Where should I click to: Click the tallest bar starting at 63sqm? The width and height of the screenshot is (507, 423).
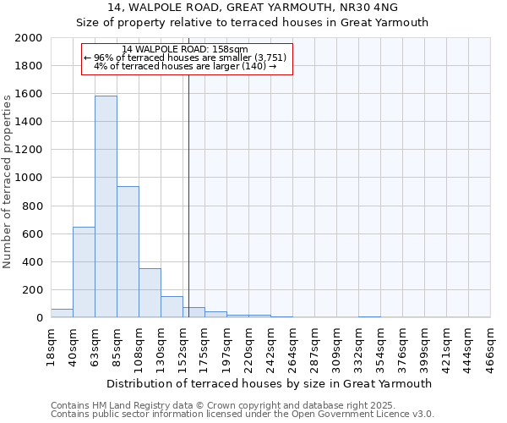106,207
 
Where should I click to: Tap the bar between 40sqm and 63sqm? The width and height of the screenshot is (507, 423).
84,272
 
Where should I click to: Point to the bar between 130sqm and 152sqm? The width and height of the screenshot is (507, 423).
172,307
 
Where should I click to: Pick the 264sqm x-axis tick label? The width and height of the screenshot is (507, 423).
293,343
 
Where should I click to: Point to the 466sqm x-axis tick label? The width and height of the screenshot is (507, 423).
491,343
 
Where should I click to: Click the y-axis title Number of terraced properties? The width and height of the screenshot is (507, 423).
8,182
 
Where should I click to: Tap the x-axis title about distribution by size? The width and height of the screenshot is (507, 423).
270,383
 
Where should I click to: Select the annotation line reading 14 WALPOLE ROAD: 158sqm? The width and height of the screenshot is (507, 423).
185,49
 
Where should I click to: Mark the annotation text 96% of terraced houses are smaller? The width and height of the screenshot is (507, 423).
185,58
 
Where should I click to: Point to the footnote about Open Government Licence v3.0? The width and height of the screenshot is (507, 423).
243,415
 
